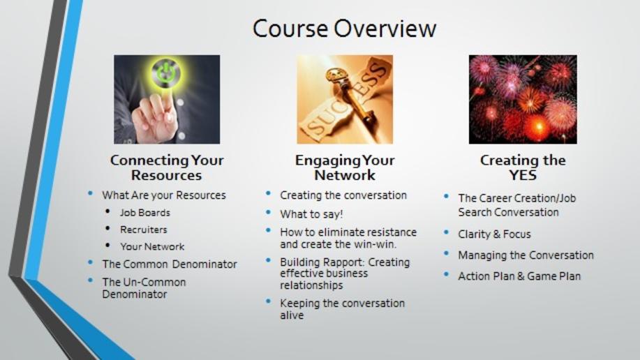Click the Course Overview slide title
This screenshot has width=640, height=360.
pyautogui.click(x=344, y=28)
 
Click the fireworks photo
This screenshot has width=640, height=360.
pyautogui.click(x=523, y=99)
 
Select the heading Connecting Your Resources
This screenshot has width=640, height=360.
pyautogui.click(x=167, y=167)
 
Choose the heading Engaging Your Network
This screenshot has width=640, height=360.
pyautogui.click(x=345, y=167)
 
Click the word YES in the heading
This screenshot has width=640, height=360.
pyautogui.click(x=523, y=175)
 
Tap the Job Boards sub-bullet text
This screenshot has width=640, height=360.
pyautogui.click(x=145, y=213)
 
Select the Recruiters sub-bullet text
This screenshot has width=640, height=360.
pyautogui.click(x=144, y=230)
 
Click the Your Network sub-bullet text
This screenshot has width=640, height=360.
pyautogui.click(x=152, y=246)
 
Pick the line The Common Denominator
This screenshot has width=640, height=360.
pyautogui.click(x=170, y=264)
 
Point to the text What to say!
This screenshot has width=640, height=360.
pyautogui.click(x=311, y=214)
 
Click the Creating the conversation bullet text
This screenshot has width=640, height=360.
pyautogui.click(x=343, y=195)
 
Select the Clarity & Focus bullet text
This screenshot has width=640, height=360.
pyautogui.click(x=494, y=234)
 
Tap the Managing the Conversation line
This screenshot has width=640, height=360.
pyautogui.click(x=526, y=255)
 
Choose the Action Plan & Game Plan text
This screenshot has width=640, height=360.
pyautogui.click(x=519, y=276)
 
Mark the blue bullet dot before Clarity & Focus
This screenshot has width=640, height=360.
pyautogui.click(x=447, y=232)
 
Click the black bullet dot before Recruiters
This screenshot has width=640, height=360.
pyautogui.click(x=107, y=229)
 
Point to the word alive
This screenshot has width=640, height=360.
pyautogui.click(x=292, y=315)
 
